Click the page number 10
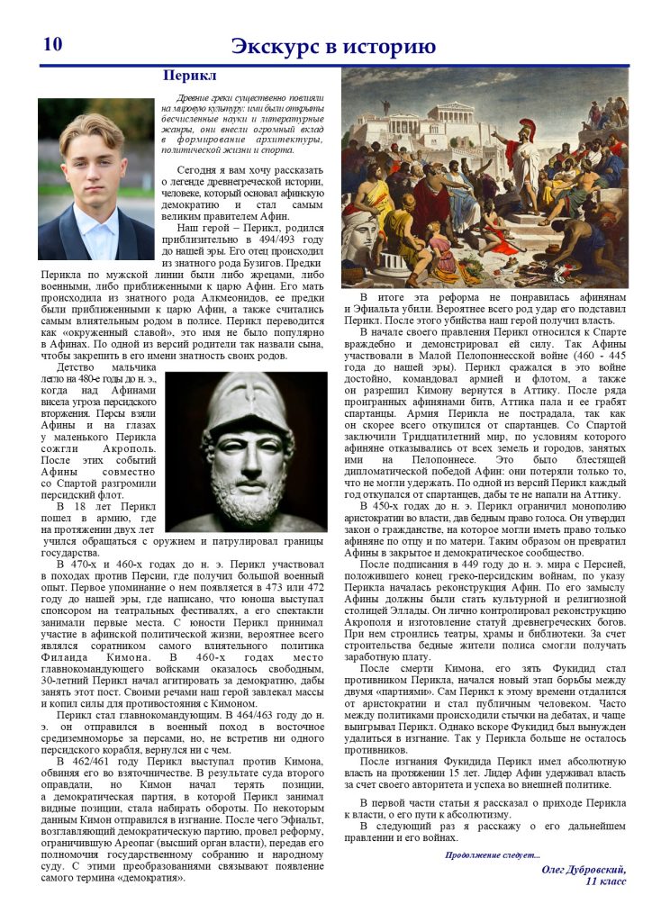coord(52,44)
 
